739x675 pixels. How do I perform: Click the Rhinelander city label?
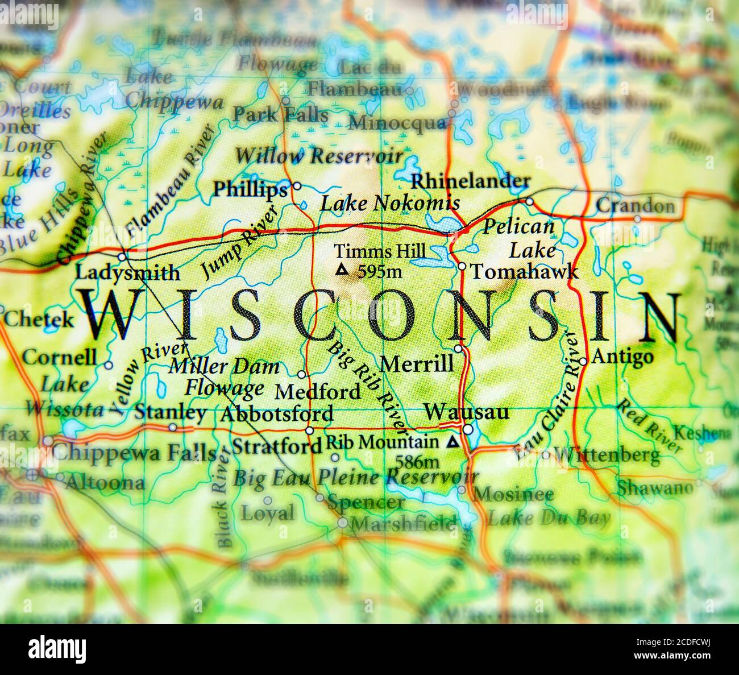(x=471, y=182)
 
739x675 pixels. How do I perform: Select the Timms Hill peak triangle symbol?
(x=342, y=270)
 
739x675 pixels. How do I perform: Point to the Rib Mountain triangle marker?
(x=453, y=441)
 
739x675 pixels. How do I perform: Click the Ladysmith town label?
(x=127, y=273)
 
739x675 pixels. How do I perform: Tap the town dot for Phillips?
(x=296, y=186)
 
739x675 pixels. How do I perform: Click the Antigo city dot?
(x=583, y=361)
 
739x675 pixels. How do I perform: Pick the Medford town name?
(x=318, y=391)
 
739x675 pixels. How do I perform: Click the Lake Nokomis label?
(x=390, y=203)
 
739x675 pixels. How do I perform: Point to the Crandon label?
(x=635, y=206)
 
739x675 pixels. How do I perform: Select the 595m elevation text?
(x=379, y=272)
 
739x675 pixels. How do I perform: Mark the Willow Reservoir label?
(x=319, y=155)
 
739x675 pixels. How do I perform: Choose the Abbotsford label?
(x=277, y=414)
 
